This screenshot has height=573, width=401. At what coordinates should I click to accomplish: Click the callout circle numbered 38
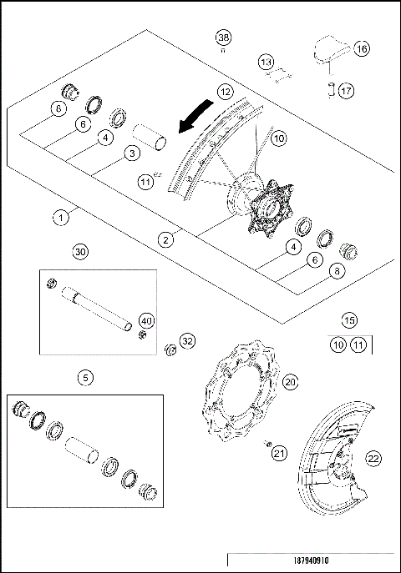coord(223,38)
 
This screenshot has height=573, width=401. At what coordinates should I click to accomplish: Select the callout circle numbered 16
coord(361,49)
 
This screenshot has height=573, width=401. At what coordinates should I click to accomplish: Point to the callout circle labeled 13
coord(265,63)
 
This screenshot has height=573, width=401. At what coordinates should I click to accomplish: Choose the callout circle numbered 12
coord(225,91)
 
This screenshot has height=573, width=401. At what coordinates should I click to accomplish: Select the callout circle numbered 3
coord(130,153)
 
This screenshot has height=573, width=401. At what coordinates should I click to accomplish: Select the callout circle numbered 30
coord(80,250)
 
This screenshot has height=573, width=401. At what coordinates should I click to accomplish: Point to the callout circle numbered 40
coord(146,320)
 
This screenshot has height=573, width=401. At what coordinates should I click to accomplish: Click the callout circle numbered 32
coord(187,340)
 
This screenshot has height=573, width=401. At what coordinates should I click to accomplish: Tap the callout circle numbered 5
coord(85,378)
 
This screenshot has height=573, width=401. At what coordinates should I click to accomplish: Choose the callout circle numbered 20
coord(290,381)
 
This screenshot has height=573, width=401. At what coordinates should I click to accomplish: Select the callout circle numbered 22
coord(373,457)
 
